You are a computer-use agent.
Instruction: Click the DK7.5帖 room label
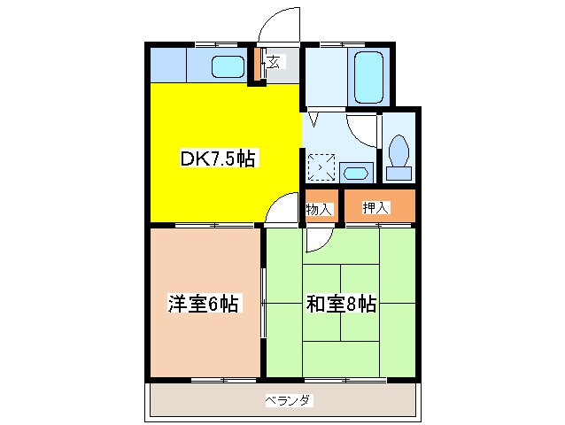pos(218,159)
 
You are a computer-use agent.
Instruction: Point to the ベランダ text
pos(288,401)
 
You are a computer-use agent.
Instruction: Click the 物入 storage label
pos(319,209)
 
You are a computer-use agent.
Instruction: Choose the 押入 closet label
pos(375,208)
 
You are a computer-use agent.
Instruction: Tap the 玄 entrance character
pos(274,62)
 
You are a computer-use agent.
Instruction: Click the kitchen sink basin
pos(228,66)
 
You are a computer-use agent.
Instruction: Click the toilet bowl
pos(399,151)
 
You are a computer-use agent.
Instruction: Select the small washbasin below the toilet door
pos(355,171)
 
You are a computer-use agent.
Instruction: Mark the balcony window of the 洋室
pos(205,379)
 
